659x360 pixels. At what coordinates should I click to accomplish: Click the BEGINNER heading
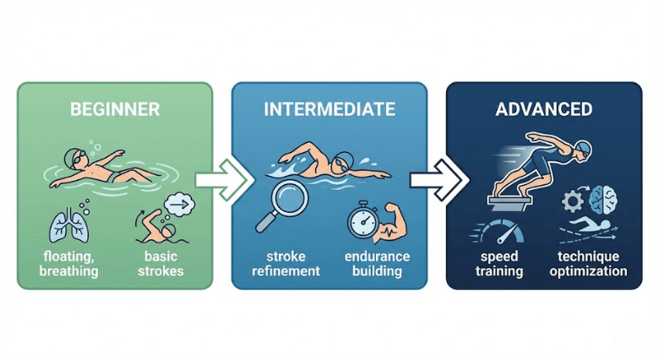coord(116,110)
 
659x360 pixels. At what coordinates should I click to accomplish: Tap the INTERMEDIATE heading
coord(329,110)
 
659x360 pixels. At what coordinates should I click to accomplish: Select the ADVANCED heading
coord(543,110)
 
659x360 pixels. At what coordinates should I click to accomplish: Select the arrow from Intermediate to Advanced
coord(436,179)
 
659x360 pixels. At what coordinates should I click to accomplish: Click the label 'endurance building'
coord(377,264)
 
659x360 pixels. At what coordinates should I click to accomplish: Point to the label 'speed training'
coord(498,264)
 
